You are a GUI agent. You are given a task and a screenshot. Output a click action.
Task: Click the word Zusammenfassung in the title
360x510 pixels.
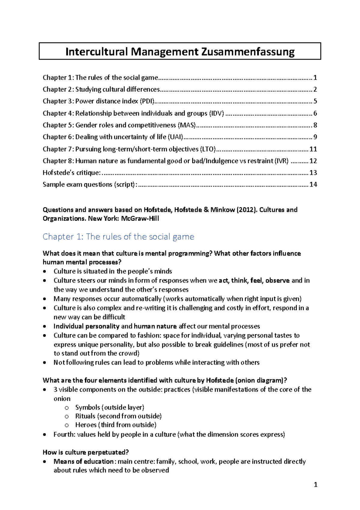pos(248,52)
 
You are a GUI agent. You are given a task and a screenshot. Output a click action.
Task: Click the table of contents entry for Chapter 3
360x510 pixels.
pos(99,101)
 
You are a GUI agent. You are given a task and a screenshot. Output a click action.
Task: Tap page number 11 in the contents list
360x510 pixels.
pos(313,149)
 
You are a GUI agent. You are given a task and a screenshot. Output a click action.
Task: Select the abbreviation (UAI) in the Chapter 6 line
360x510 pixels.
pos(175,137)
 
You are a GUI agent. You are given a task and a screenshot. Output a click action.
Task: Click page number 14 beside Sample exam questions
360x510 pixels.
pos(313,184)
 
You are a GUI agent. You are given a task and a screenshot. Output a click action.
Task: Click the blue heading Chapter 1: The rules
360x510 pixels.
pos(118,237)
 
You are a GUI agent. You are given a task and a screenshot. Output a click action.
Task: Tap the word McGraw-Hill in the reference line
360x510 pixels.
pos(140,219)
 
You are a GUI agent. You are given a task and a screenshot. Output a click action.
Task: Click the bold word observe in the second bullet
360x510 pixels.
pos(277,281)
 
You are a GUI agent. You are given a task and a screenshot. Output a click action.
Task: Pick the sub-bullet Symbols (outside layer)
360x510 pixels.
pos(109,408)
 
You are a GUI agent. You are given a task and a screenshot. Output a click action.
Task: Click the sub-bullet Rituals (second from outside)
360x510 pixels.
pos(118,416)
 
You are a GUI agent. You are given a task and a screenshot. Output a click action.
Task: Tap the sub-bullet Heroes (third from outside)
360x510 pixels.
pos(116,425)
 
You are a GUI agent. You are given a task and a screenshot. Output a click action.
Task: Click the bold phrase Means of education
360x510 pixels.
pos(83,462)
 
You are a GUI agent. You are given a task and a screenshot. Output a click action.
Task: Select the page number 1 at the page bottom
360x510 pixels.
pos(315,484)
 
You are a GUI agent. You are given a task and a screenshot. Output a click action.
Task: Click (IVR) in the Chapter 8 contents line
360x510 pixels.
pos(281,161)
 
